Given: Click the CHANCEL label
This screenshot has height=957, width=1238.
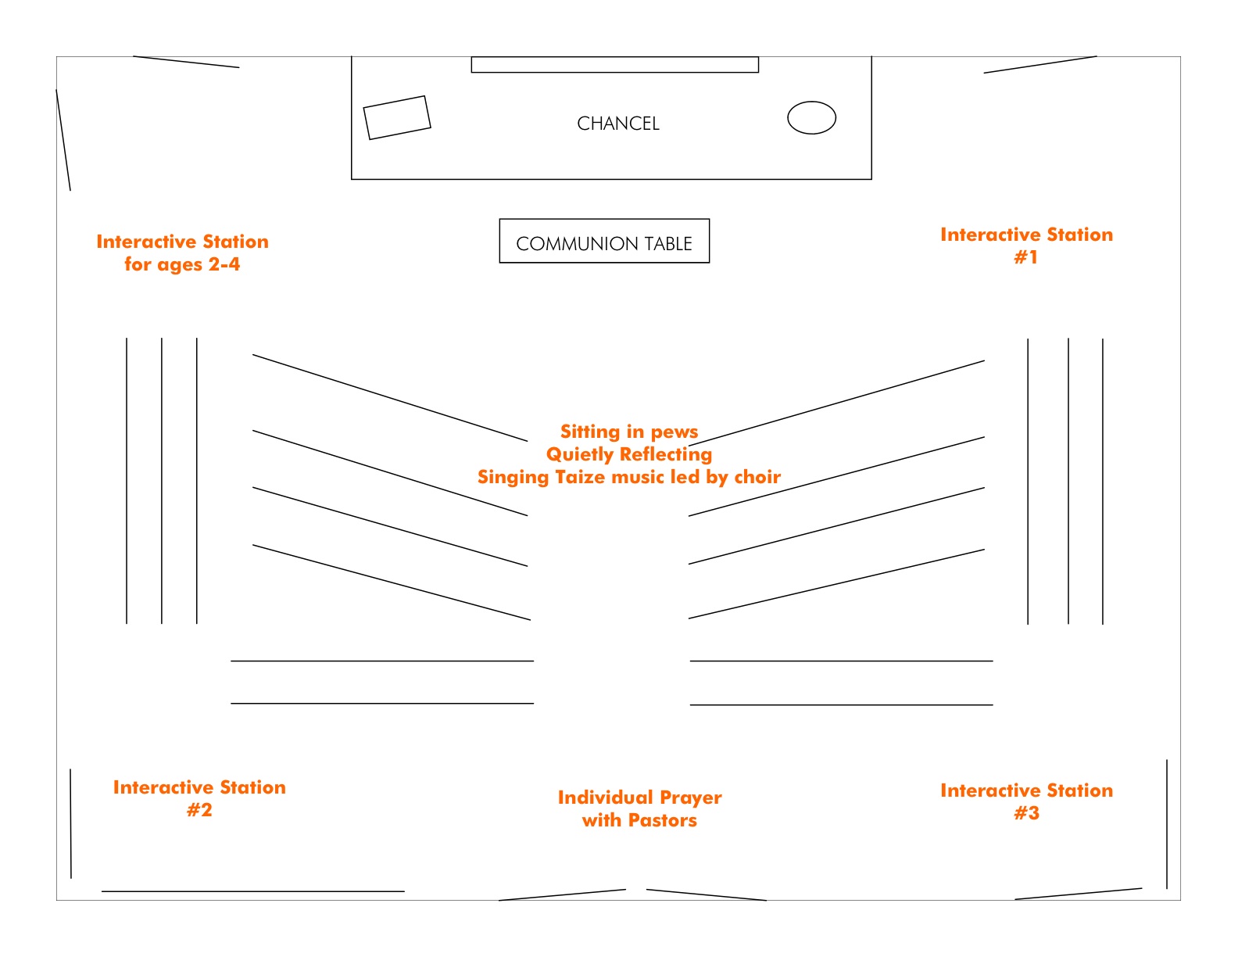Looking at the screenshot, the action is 618,123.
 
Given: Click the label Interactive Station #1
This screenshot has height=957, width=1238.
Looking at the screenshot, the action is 1026,246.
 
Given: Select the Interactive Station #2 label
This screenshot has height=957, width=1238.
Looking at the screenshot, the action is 199,798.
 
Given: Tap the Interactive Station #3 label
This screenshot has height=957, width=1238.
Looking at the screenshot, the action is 1026,801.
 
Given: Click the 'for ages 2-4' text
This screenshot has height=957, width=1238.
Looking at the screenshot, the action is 182,264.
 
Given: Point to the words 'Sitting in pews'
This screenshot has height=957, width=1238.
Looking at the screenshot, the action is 629,432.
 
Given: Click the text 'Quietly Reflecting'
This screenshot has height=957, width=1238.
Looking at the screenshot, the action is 629,454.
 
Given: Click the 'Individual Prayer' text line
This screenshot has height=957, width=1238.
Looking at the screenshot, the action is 639,797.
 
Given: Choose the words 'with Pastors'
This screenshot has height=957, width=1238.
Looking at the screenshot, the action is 639,820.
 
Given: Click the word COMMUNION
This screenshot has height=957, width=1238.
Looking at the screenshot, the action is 577,244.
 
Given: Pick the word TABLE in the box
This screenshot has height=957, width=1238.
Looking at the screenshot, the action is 668,244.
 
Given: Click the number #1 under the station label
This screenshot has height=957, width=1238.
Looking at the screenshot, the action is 1026,257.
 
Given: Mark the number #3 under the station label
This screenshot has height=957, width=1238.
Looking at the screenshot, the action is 1026,813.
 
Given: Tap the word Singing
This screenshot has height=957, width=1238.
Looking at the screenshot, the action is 513,477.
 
